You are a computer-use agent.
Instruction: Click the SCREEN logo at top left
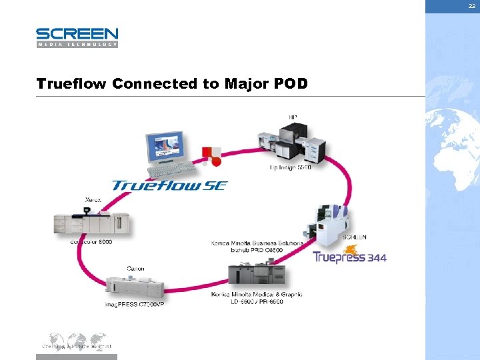click(x=77, y=37)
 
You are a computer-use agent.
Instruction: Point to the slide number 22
click(x=471, y=5)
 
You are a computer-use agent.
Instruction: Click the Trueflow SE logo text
click(x=169, y=185)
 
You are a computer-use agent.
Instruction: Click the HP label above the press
click(x=293, y=117)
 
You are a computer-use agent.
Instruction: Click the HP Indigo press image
click(x=293, y=142)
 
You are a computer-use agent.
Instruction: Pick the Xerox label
click(x=94, y=199)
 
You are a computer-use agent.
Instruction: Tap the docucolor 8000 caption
click(x=91, y=242)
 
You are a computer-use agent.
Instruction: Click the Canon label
click(x=135, y=269)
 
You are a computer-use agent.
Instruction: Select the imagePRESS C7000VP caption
click(x=134, y=304)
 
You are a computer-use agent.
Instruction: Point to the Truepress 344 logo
click(x=349, y=257)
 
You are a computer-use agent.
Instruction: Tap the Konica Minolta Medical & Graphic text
click(x=257, y=294)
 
